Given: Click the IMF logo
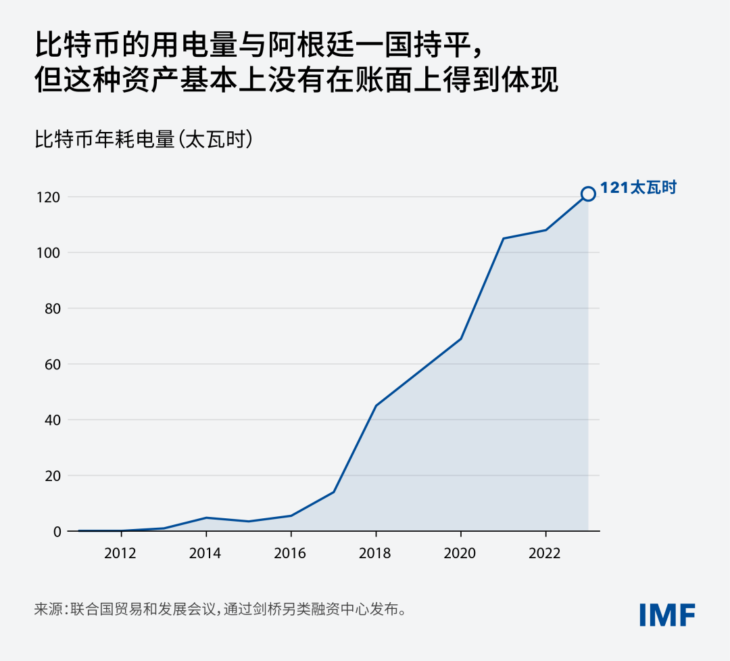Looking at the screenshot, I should pos(668,614).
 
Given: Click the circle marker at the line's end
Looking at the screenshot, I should pos(588,194).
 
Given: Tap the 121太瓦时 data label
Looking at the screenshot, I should pos(639,188).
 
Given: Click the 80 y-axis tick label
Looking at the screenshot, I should pos(53,309).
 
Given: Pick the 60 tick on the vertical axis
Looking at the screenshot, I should pos(53,365).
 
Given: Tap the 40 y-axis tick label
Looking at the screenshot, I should pos(53,420).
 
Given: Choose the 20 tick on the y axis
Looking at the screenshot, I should pos(53,476).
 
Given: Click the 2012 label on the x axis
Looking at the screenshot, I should pos(120,553).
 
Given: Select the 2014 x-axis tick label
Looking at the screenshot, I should pos(205,553).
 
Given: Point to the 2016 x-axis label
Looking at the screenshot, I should pos(291,553).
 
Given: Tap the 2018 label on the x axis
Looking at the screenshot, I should pos(375,553).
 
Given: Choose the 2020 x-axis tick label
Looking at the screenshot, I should pos(460,553).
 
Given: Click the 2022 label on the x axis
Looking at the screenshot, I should pos(545,553).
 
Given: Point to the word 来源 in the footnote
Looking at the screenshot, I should pos(48,609).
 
